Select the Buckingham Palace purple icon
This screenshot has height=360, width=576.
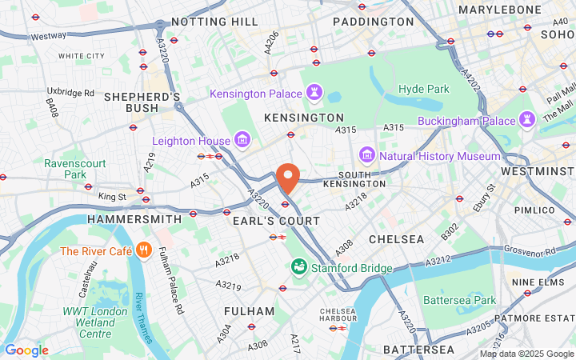point(527,120)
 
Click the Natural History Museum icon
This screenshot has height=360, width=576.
point(366,155)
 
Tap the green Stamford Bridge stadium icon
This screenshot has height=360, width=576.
point(298,265)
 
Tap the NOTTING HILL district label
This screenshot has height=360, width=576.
point(215,21)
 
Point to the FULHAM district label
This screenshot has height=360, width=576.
point(249,311)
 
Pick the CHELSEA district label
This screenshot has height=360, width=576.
point(397,239)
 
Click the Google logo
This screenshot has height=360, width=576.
point(26,350)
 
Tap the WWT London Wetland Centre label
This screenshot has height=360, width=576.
point(95,322)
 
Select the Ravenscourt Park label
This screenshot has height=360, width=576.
point(74,169)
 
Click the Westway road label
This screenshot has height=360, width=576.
point(48,36)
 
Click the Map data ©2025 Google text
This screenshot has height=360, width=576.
point(526,354)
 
